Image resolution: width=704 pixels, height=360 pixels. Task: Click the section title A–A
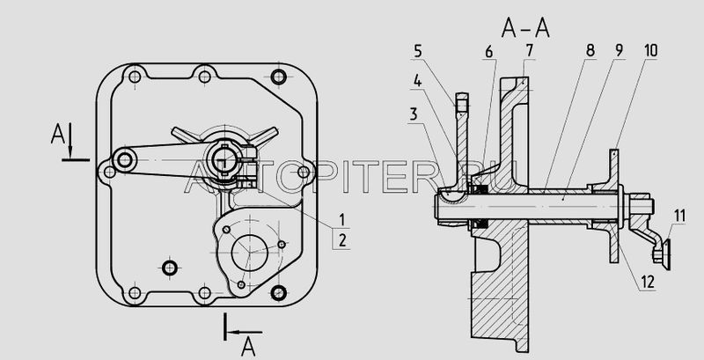tap(525, 29)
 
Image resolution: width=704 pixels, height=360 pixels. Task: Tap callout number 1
tap(341, 220)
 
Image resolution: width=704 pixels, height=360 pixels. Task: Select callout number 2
tap(342, 240)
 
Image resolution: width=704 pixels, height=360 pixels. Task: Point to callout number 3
tap(413, 114)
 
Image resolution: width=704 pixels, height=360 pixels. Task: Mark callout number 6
tap(489, 53)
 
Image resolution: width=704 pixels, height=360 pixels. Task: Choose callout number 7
tap(529, 51)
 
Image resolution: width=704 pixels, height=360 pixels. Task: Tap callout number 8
tap(590, 51)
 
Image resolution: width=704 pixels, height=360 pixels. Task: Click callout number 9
tap(619, 51)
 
